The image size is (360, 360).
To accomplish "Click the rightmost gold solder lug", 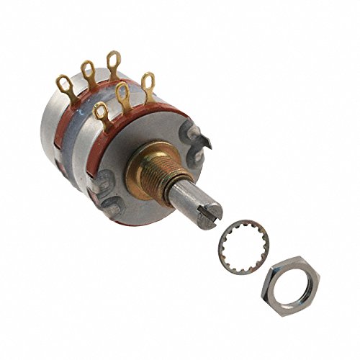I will coord(148,84).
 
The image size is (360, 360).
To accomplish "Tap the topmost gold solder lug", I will coord(113,62).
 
